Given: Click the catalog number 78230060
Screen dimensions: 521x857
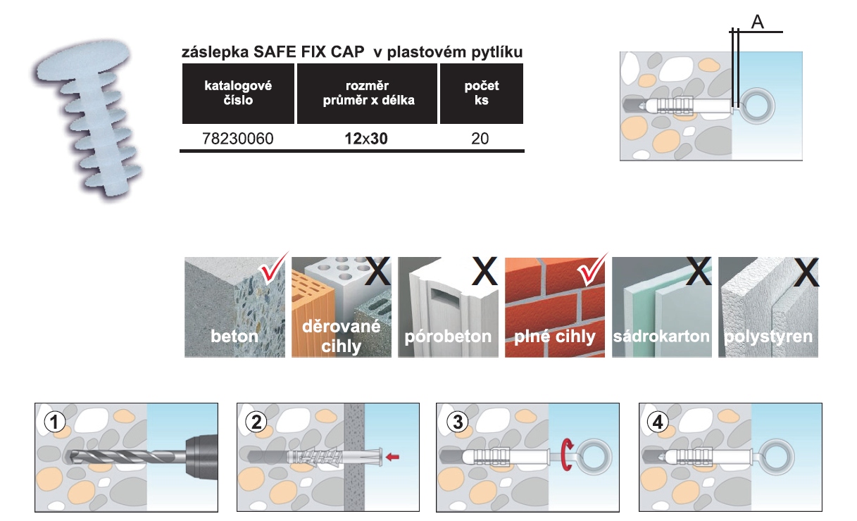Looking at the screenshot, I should click(227, 139).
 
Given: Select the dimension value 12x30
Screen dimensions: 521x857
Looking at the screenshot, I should click(366, 139).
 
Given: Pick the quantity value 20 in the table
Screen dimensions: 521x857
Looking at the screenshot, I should click(481, 139).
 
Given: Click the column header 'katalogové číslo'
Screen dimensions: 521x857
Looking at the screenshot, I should click(238, 93).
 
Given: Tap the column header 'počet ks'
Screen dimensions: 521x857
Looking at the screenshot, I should click(482, 93).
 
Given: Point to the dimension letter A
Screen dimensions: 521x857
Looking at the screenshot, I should click(757, 23).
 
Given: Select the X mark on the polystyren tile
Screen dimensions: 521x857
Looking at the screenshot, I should click(806, 272).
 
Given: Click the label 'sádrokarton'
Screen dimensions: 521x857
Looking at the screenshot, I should click(661, 335).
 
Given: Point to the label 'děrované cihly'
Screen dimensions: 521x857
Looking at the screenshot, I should click(341, 336).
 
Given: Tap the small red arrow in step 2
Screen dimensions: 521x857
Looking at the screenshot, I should click(393, 457).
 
